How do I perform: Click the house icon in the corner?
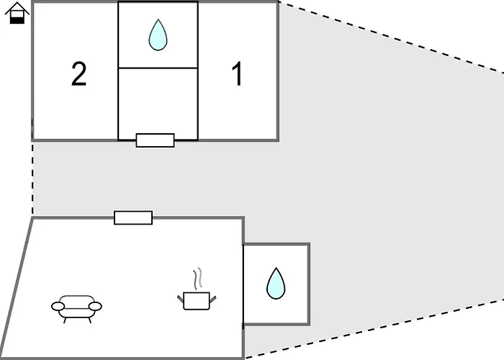click(x=17, y=13)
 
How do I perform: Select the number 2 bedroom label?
click(x=78, y=74)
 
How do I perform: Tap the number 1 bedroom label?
click(x=237, y=74)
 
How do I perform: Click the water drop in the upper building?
click(x=158, y=35)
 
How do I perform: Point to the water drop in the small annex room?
click(x=276, y=284)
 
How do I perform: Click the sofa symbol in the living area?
click(x=76, y=309)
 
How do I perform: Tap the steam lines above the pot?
click(x=198, y=279)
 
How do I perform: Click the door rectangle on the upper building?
click(x=156, y=140)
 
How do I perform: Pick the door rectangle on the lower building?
click(x=133, y=217)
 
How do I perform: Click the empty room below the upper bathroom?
click(x=158, y=104)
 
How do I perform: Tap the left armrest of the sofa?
click(x=58, y=306)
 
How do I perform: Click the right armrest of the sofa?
click(x=95, y=306)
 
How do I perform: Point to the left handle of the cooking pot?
click(x=180, y=299)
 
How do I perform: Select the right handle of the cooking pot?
click(x=213, y=299)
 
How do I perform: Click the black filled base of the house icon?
click(x=17, y=19)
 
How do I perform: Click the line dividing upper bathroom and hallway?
click(x=158, y=68)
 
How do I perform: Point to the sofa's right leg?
click(x=90, y=320)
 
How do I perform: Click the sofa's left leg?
click(x=65, y=320)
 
